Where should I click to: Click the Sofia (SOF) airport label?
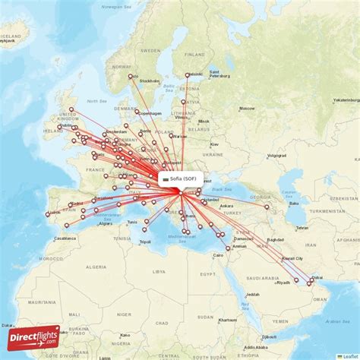point(183,178)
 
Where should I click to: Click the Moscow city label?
point(247,109)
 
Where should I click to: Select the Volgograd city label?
point(276,155)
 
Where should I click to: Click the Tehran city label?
point(302,228)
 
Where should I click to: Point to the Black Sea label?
point(221,188)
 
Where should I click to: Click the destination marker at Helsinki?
point(188,75)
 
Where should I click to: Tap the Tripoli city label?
point(144,242)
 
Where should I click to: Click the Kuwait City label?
point(292,258)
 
